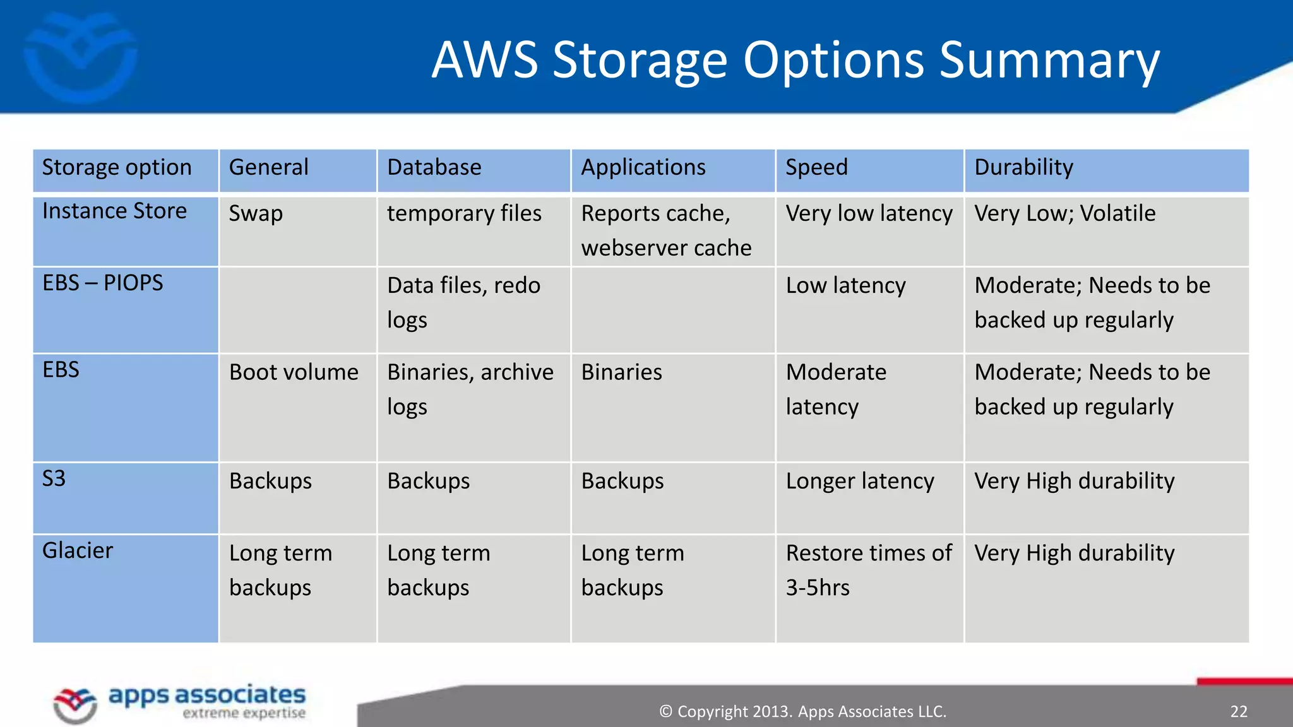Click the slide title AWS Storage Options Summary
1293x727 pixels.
click(795, 61)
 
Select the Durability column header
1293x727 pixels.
click(1023, 167)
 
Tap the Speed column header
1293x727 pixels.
click(816, 167)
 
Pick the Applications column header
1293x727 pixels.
click(643, 167)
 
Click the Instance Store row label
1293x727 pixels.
click(114, 211)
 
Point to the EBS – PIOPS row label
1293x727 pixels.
click(102, 283)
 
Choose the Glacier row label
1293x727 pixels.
click(78, 550)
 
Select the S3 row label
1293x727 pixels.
click(54, 478)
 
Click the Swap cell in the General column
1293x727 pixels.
click(256, 213)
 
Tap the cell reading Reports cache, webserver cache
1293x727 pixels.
click(666, 230)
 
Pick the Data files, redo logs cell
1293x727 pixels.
click(463, 302)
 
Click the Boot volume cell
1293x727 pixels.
click(294, 372)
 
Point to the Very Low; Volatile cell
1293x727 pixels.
click(1064, 213)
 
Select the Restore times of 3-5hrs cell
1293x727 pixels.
click(868, 570)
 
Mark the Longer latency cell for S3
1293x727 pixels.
click(859, 481)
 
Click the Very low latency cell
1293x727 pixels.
click(869, 213)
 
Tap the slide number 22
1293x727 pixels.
click(1238, 711)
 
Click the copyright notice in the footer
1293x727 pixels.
click(802, 711)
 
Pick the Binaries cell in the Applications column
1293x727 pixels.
click(621, 372)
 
